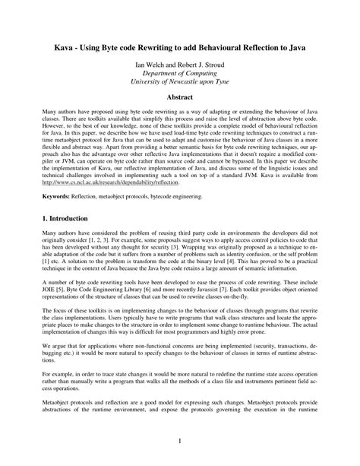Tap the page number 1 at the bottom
(179, 441)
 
